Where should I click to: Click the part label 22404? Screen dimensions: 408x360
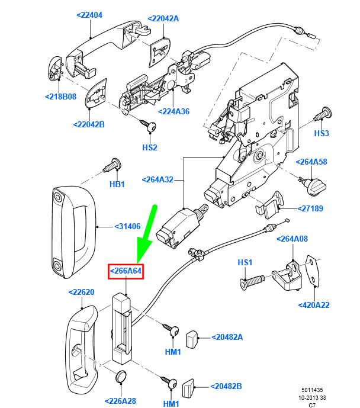(x=90, y=15)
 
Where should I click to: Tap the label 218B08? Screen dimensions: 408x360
(x=60, y=96)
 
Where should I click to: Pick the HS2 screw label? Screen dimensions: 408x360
(x=150, y=147)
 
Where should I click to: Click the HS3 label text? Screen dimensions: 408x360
(x=321, y=134)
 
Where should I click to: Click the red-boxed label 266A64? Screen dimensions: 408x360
(x=126, y=271)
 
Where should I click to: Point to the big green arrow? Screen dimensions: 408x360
(x=146, y=234)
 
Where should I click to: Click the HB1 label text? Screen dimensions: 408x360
(x=117, y=184)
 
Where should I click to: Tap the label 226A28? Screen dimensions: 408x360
(x=120, y=401)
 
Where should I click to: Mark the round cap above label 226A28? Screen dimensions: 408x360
(x=121, y=376)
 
